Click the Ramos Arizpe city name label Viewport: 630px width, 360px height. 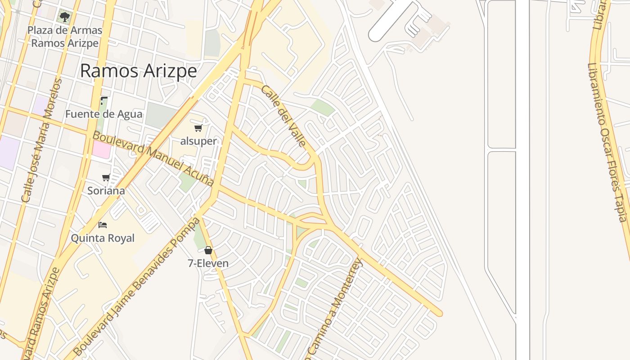point(139,71)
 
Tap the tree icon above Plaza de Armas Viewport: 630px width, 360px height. point(65,17)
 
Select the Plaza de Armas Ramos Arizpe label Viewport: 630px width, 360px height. point(65,37)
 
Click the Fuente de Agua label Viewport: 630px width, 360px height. point(103,114)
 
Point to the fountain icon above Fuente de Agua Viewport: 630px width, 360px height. point(104,101)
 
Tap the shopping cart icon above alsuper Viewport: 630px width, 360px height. point(198,128)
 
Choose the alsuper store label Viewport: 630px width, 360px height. point(198,141)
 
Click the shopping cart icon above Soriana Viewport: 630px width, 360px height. point(106,177)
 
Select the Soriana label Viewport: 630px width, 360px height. point(106,191)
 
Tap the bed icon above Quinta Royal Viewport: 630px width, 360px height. point(103,225)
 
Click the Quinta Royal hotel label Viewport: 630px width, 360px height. point(103,238)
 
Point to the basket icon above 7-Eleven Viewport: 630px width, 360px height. point(208,250)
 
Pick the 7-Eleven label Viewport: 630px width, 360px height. point(208,263)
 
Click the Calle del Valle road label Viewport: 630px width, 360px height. point(283,116)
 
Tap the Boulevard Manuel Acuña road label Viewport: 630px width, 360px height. point(153,158)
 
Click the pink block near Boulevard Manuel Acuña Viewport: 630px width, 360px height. point(102,150)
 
